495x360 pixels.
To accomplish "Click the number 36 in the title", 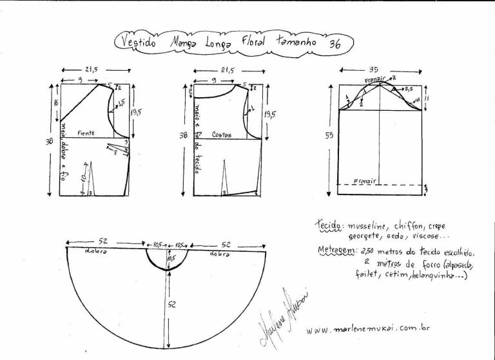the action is click(335, 44).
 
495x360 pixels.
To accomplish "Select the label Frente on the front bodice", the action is click(86, 133).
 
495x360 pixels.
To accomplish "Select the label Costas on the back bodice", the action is click(222, 135).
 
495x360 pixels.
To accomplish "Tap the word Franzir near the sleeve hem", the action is click(365, 182).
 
